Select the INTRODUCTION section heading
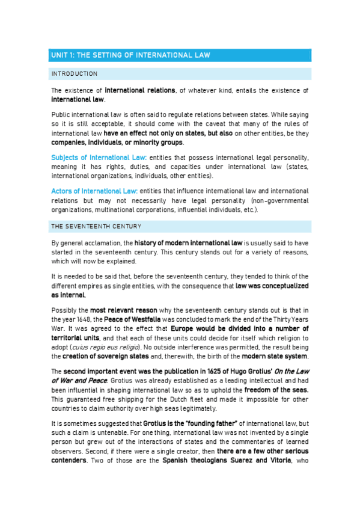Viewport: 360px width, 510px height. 75,74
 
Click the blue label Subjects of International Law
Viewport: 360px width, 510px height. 99,157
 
